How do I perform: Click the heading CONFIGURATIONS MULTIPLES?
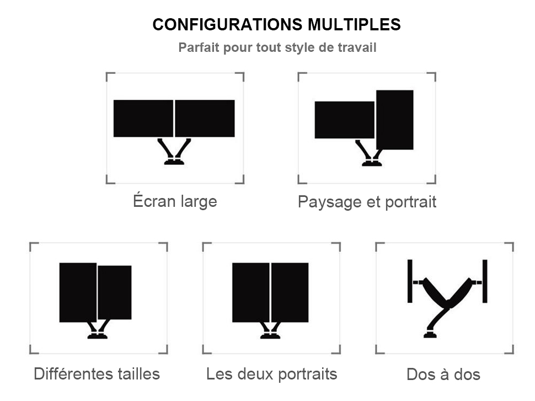pos(276,25)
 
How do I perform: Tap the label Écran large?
pos(175,201)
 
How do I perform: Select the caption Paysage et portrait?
pos(367,202)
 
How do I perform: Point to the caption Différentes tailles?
pos(97,374)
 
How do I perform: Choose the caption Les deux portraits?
pos(271,374)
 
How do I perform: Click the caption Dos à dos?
pos(443,375)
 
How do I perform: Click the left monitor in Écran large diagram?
pos(143,119)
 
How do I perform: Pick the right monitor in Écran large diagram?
pos(205,119)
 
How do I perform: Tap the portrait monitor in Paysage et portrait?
pos(395,120)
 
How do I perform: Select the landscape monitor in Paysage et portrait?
pos(344,120)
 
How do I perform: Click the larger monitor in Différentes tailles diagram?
pos(78,292)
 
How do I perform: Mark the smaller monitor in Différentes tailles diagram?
pos(115,292)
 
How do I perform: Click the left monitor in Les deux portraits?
pos(251,292)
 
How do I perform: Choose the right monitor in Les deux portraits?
pos(290,292)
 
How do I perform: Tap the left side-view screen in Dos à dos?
pos(410,281)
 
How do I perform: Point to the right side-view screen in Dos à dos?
pos(485,281)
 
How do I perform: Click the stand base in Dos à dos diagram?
pos(430,334)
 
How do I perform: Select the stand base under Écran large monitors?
pos(174,162)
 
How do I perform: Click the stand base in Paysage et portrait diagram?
pos(372,163)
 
